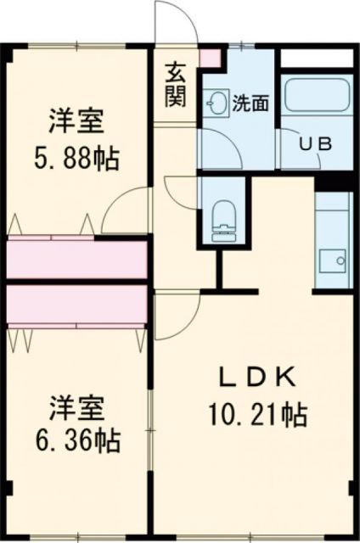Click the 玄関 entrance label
176,85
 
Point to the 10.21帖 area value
255,415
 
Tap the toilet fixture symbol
222,216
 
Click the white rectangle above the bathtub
315,59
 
